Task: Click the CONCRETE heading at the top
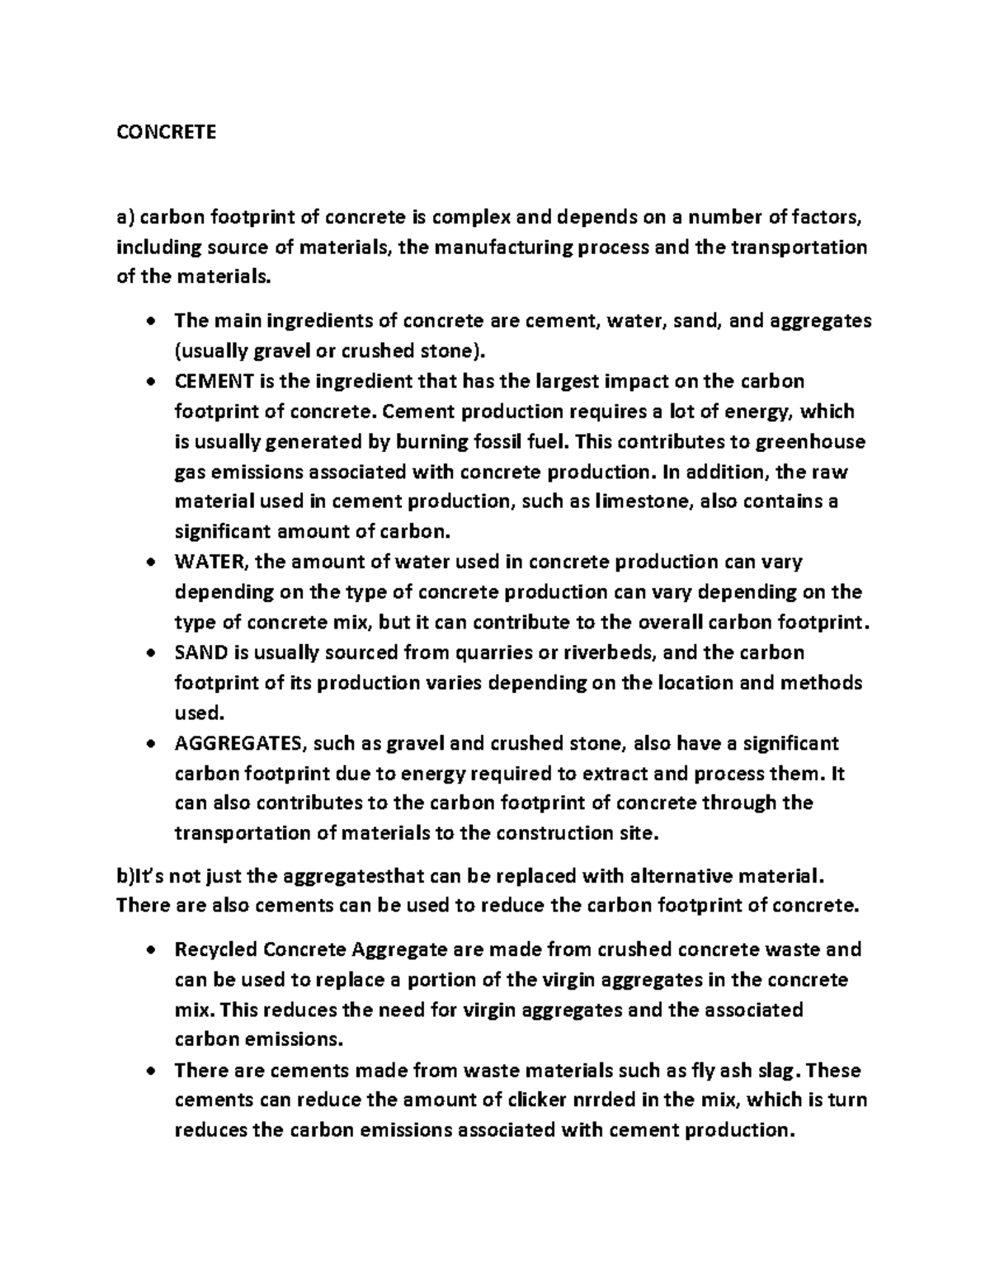166,132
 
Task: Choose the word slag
778,1071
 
